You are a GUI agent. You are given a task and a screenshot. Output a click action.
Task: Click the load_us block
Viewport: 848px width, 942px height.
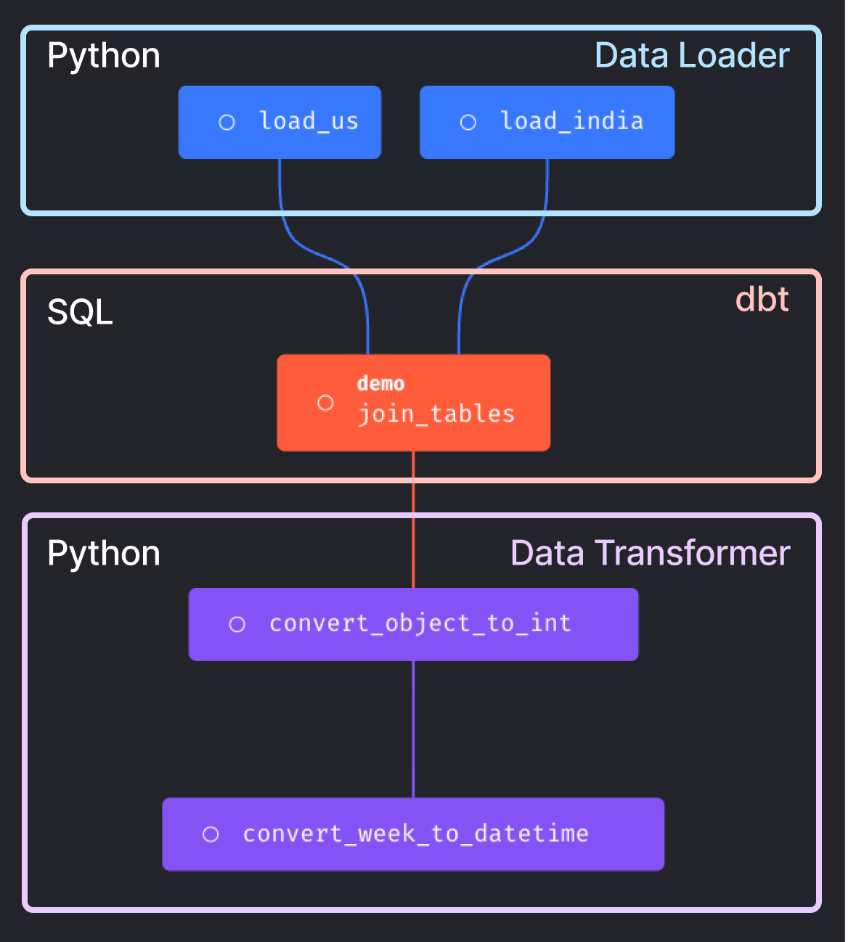[x=280, y=122]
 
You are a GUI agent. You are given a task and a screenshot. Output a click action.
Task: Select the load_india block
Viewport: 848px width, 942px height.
[x=547, y=122]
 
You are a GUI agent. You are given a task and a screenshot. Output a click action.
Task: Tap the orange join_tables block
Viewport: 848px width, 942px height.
[x=413, y=403]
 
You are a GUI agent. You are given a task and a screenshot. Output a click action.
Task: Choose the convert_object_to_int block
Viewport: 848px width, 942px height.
[x=413, y=624]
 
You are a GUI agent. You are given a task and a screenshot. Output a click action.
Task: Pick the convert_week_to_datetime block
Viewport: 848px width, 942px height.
[x=413, y=834]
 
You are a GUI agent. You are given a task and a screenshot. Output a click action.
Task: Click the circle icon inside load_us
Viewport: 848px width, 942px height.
[x=227, y=123]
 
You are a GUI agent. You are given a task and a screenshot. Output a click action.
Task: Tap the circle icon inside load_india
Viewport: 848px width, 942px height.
[x=468, y=123]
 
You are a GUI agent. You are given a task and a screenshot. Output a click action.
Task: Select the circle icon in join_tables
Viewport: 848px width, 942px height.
[x=325, y=403]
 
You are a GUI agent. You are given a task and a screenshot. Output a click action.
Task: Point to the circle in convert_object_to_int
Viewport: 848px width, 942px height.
[x=237, y=624]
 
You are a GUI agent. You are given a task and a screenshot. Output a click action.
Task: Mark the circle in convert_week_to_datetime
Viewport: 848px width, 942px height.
[x=211, y=835]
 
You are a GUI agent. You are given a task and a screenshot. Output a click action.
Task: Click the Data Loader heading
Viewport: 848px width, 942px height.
[x=691, y=56]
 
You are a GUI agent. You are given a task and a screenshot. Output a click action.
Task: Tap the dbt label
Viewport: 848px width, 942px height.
[x=762, y=299]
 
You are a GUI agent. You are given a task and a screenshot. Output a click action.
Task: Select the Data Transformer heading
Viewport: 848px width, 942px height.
[x=650, y=553]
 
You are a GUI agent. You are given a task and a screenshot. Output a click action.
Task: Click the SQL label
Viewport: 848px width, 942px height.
[x=80, y=313]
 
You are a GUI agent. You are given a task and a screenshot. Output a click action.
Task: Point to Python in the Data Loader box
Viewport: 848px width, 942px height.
[x=103, y=56]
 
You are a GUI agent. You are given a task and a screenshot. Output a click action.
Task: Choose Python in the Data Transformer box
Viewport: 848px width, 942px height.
[x=103, y=553]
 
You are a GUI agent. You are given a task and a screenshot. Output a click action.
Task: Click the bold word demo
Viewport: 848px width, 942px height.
[x=380, y=383]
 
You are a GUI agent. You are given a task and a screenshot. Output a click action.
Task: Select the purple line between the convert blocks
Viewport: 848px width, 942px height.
[x=413, y=729]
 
